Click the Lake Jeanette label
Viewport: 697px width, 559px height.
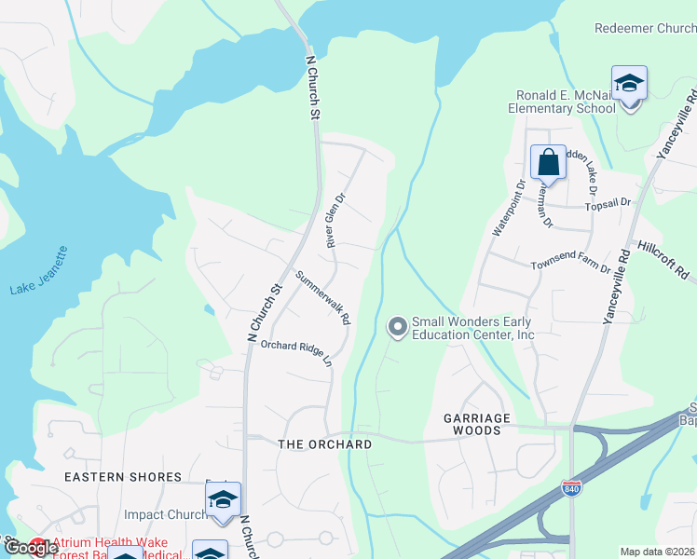coord(39,271)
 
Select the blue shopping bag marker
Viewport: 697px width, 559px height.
coord(549,162)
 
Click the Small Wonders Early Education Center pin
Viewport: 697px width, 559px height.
coord(397,326)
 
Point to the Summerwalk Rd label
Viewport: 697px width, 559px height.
coord(323,297)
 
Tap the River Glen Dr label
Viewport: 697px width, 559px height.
coord(335,220)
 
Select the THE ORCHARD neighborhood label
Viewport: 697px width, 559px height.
coord(325,444)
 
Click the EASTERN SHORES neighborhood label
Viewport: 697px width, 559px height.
coord(122,477)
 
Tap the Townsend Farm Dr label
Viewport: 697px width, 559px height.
coord(570,267)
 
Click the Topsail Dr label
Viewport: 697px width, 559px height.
coord(608,202)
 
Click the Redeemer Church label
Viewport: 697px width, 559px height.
coord(645,28)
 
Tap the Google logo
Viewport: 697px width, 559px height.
coord(31,548)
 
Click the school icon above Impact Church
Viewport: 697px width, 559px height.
coord(223,501)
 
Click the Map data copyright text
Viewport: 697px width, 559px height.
coord(657,552)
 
